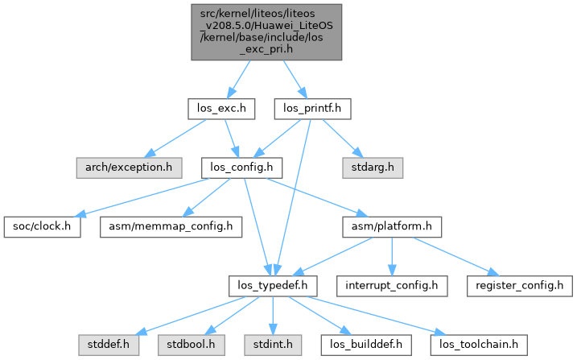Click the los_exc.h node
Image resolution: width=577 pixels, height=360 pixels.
tap(221, 106)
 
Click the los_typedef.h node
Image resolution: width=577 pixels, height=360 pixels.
tap(274, 285)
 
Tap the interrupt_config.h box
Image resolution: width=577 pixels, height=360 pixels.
tap(391, 285)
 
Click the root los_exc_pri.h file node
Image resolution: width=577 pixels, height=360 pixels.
tap(266, 31)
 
